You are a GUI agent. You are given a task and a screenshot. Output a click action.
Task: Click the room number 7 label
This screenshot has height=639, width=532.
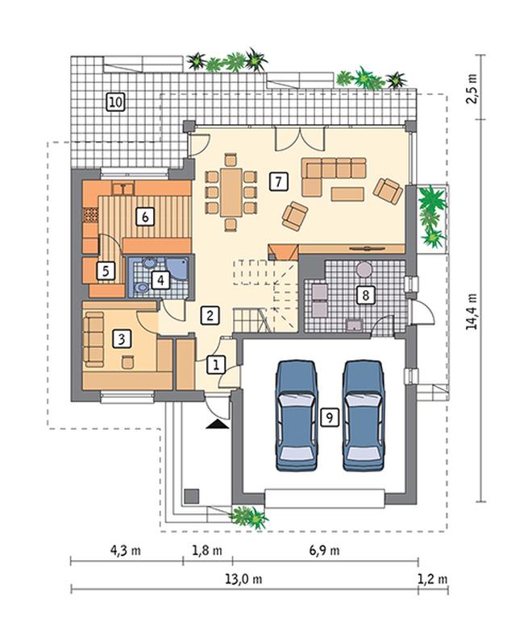[278, 181]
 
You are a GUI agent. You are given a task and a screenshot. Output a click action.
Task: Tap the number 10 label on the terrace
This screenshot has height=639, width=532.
[116, 102]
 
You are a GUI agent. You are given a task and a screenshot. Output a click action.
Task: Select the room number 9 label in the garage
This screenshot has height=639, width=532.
[330, 417]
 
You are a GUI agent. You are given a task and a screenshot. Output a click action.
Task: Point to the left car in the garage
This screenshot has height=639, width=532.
[297, 415]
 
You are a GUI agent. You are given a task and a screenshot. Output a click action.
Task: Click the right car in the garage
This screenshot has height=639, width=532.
[364, 415]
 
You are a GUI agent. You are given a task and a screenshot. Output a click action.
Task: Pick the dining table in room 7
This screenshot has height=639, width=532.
[231, 193]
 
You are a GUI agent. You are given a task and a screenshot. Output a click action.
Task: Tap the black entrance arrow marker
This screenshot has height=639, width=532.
[217, 425]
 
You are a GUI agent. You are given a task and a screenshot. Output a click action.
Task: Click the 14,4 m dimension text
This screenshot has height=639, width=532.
[472, 311]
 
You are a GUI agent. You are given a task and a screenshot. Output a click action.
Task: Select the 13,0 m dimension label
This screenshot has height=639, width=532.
[243, 579]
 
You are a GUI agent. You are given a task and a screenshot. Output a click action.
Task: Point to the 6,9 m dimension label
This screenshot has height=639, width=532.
[324, 550]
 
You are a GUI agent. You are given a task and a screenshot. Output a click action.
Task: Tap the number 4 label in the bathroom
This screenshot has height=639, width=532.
[160, 280]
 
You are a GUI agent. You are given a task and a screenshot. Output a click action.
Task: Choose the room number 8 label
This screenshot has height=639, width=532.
[365, 294]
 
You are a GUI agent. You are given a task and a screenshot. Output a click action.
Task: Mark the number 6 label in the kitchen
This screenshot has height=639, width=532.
[145, 217]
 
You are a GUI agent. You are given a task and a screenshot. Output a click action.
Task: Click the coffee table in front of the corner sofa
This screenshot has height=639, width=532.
[347, 194]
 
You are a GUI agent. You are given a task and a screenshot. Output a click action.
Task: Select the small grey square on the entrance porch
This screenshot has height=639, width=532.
[192, 496]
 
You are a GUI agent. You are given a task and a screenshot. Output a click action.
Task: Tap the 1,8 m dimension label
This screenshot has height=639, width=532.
[207, 550]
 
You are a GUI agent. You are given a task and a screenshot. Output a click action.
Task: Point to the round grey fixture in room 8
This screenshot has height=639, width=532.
[364, 269]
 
